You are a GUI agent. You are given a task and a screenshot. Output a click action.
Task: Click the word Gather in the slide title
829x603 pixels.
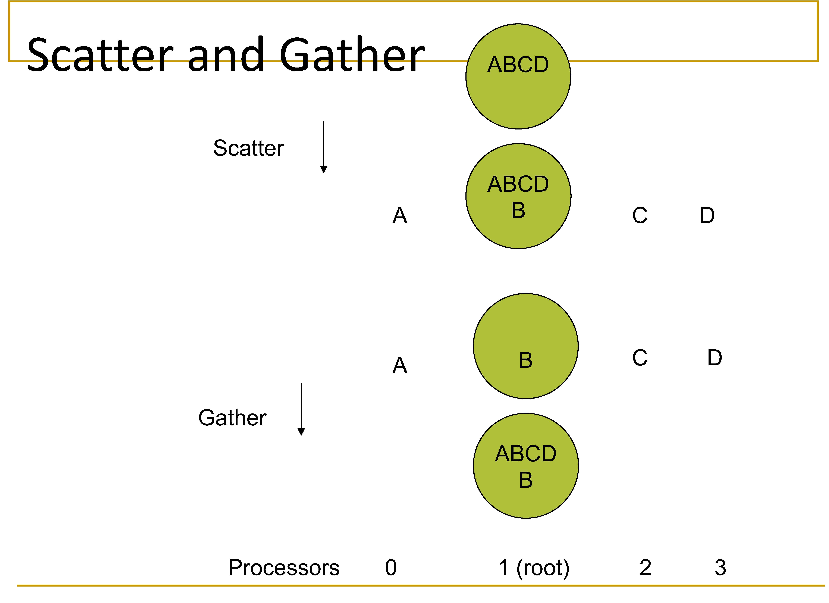click(352, 55)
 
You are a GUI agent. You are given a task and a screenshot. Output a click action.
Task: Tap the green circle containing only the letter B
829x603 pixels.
click(526, 346)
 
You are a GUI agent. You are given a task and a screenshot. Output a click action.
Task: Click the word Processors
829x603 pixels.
click(284, 568)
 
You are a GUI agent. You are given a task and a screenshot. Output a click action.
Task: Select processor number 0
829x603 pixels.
click(391, 568)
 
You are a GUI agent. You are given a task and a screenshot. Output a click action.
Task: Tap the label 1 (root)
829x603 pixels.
click(534, 568)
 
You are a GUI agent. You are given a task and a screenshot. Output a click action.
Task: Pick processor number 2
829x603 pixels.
click(645, 568)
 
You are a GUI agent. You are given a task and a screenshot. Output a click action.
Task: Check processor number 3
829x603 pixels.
click(720, 568)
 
